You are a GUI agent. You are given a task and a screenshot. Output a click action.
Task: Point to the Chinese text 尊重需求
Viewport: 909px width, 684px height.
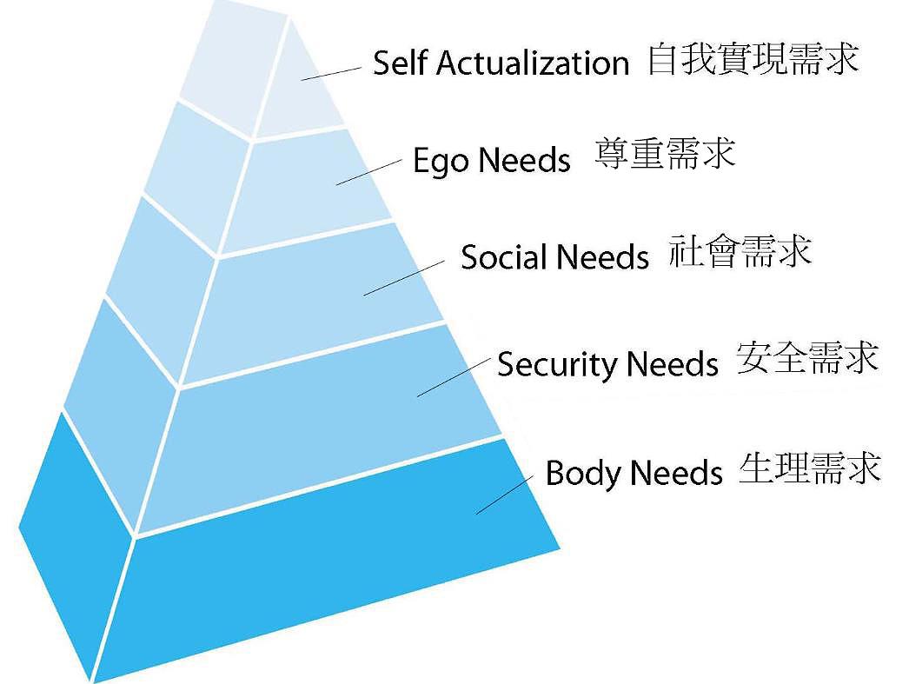click(x=665, y=153)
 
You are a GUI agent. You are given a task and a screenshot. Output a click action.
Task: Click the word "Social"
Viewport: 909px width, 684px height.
click(x=503, y=257)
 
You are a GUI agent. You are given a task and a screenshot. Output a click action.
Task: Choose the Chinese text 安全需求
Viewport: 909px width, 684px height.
click(x=807, y=357)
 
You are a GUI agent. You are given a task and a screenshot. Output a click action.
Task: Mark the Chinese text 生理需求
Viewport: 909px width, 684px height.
click(x=809, y=468)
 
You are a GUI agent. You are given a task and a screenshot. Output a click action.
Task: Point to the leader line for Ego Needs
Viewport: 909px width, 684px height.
click(x=369, y=170)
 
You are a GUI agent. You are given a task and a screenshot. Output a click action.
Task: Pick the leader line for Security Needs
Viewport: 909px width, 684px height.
click(x=452, y=376)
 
